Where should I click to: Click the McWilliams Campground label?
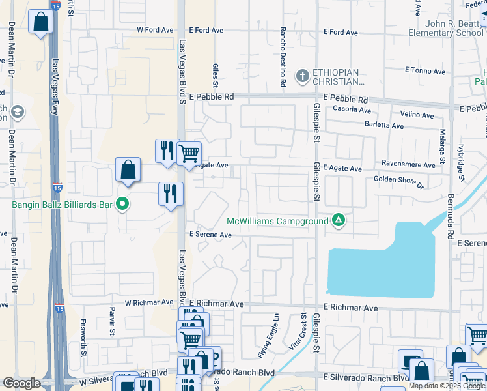(x=277, y=222)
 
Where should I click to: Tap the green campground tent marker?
(x=338, y=220)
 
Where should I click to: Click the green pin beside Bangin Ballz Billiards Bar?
(x=122, y=205)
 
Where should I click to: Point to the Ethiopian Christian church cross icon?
(x=302, y=76)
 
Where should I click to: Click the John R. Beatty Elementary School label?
(x=446, y=28)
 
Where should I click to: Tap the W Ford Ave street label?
(x=155, y=30)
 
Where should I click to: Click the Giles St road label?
(x=215, y=75)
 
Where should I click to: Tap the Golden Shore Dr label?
(x=398, y=181)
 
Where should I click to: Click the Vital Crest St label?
(x=304, y=333)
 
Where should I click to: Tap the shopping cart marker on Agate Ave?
(x=189, y=154)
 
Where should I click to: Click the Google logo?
(x=21, y=383)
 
